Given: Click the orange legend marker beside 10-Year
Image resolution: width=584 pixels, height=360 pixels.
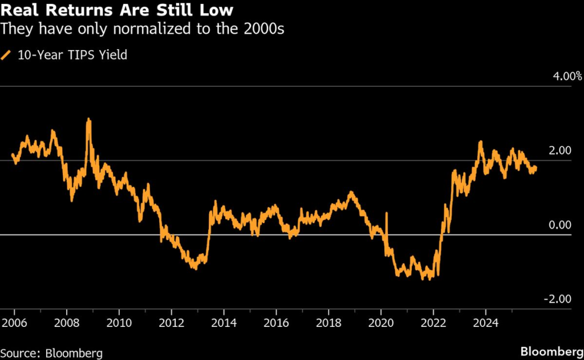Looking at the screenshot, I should [6, 55].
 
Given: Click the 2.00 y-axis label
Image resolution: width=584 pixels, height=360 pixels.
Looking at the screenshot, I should [560, 151].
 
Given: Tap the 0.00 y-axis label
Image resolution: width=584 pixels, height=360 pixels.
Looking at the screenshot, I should [560, 225].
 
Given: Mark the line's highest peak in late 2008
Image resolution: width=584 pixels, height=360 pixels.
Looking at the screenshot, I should [88, 120].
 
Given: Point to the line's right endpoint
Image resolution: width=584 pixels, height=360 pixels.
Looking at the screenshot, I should [536, 167].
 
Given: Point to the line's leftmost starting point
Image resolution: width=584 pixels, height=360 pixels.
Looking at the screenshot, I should [13, 155].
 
